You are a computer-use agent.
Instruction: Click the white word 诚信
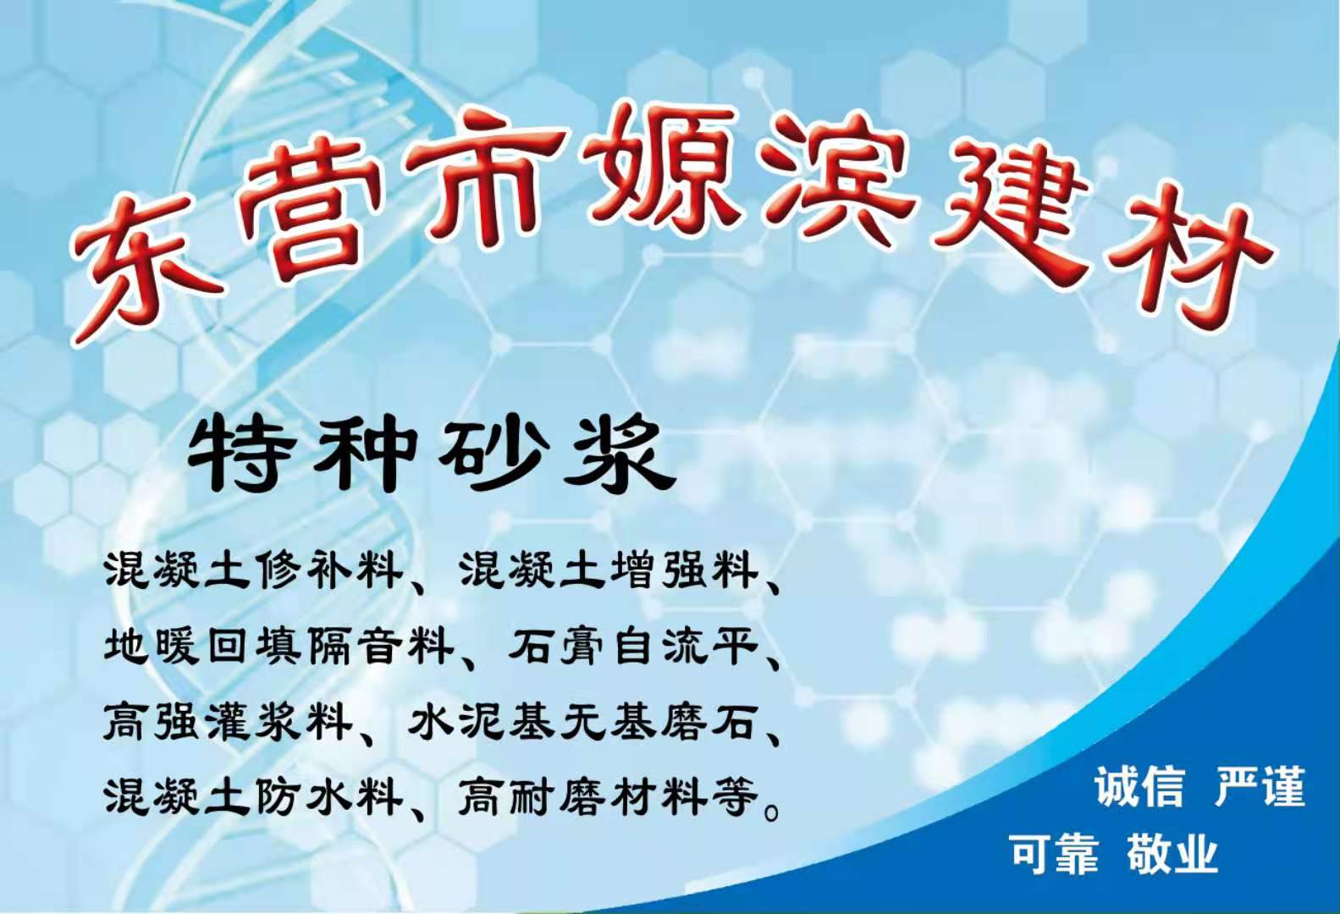pos(1139,785)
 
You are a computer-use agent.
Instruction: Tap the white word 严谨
pos(1260,785)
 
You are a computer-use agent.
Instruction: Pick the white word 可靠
pos(1054,853)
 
